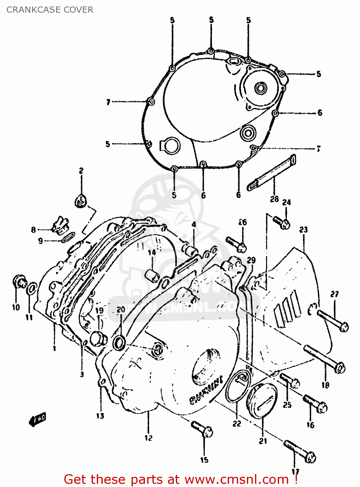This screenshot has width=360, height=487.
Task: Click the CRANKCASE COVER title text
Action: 50,10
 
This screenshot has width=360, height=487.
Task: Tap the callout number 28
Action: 274,199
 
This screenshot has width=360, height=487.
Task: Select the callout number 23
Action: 303,230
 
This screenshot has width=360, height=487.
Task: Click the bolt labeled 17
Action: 300,451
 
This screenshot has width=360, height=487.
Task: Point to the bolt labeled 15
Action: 202,429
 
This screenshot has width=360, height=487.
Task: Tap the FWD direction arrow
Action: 38,419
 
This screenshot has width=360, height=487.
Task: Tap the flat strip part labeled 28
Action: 272,172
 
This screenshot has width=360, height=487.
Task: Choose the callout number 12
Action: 148,438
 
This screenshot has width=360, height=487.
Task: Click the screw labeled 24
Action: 281,222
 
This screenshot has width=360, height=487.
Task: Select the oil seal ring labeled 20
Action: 119,343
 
